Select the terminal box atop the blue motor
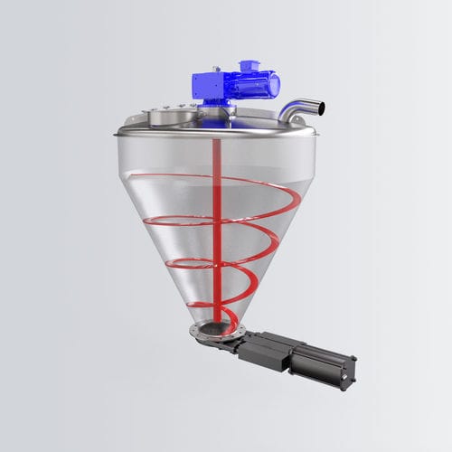[247, 68]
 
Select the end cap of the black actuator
[349, 370]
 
